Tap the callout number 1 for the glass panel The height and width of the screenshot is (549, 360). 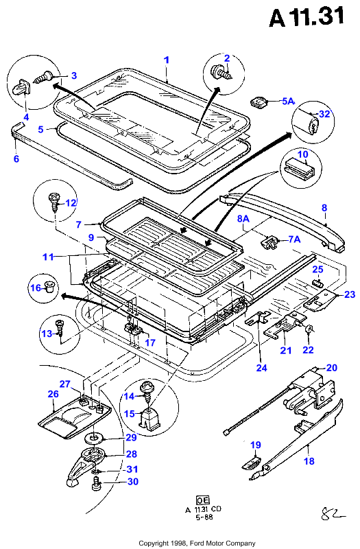(167, 60)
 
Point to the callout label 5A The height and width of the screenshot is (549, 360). (288, 101)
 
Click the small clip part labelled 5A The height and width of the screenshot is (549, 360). (259, 102)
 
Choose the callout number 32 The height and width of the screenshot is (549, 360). (324, 114)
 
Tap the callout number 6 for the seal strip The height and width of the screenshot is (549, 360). (16, 159)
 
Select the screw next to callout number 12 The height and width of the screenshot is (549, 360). (54, 202)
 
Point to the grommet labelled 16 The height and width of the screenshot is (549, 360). (49, 287)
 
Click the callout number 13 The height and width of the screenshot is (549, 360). (47, 334)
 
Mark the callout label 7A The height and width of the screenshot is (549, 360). (295, 239)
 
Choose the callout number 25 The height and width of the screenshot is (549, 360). (317, 269)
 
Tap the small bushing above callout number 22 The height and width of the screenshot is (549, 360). (309, 329)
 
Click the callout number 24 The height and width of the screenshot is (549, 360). (261, 368)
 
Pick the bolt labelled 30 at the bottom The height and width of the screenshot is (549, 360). (95, 484)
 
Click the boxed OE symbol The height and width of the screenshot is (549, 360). (202, 500)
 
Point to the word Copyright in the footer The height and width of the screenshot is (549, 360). (153, 544)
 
